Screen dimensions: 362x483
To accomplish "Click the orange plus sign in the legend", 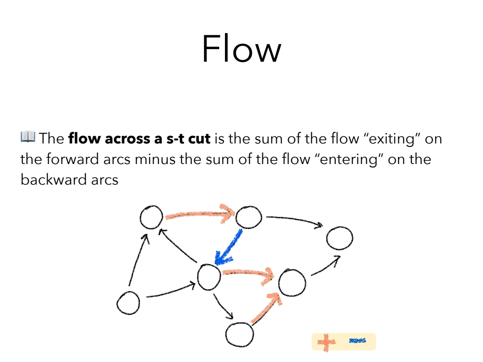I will click(326, 342).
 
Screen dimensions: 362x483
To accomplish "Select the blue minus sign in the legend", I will click(357, 341).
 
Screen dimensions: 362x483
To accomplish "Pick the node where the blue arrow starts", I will click(249, 218).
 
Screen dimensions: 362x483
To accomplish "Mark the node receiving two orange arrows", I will click(292, 282).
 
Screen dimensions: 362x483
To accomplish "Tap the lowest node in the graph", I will click(239, 334).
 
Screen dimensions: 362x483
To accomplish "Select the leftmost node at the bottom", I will click(128, 303).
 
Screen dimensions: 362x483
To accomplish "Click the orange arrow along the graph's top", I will click(199, 214).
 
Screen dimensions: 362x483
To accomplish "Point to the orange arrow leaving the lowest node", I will click(267, 308).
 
